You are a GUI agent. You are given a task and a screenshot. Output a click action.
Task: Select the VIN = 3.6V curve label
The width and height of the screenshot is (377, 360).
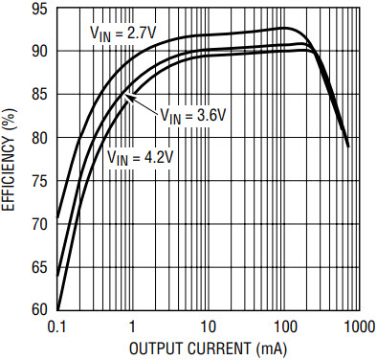coord(192,115)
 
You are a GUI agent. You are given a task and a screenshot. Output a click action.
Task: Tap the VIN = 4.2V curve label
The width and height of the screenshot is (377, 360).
coord(140,157)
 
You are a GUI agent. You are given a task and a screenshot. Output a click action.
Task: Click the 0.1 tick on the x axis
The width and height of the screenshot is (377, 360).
coord(57,326)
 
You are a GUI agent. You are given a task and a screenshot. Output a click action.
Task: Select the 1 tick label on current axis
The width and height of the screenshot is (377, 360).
coord(131,326)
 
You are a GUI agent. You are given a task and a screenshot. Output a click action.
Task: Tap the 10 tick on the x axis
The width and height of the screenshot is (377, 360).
coord(208,326)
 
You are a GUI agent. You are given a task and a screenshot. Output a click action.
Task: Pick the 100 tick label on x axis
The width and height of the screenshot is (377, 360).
coord(284,326)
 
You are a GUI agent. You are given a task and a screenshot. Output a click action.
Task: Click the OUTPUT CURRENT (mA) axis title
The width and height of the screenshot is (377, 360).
coord(208,348)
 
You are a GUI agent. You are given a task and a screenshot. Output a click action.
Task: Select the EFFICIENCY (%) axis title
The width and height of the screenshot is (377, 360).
coord(9,159)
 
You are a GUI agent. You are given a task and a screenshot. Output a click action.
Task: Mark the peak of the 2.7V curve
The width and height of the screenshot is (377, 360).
coord(284,28)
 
